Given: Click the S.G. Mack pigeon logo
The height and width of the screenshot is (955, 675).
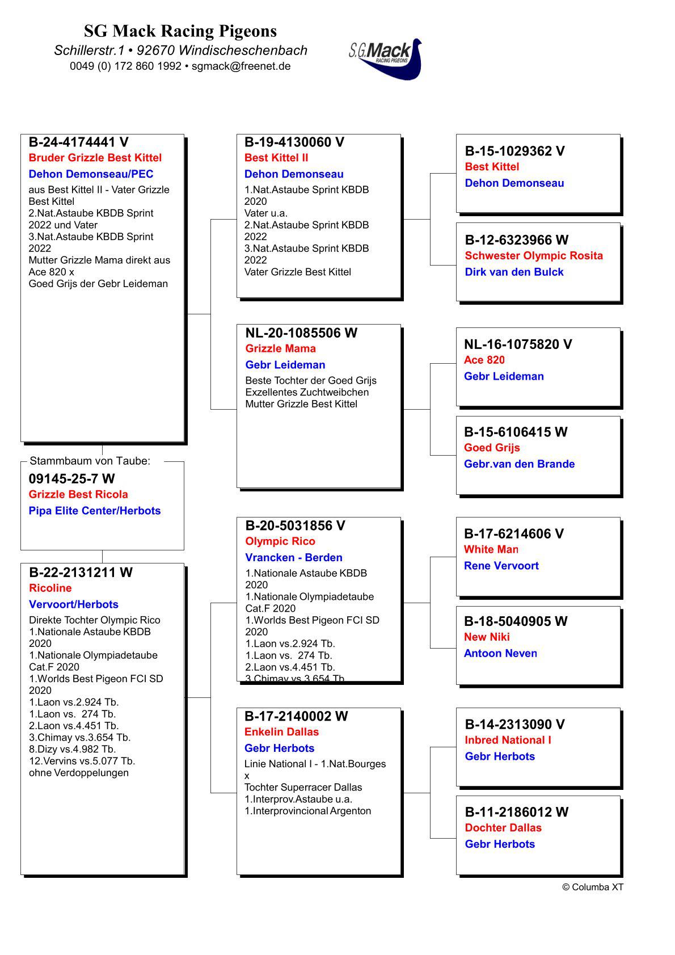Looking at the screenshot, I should pos(386,58).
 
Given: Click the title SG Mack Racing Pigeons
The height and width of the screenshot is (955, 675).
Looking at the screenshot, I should pos(180,31).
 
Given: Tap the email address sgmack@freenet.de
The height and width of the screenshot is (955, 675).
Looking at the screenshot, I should pos(241,66).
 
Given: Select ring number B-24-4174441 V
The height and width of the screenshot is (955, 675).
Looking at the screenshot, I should pos(78,142).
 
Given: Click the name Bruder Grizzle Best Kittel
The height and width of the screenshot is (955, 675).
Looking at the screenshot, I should pos(95,158).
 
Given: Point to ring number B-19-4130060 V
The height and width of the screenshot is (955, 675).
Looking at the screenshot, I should pos(294,142).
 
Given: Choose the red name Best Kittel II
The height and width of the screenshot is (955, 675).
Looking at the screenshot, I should pos(276,158).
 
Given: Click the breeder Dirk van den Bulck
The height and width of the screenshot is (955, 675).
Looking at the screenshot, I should pos(514,272).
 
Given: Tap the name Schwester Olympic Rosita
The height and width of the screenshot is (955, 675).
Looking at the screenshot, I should pos(533,255).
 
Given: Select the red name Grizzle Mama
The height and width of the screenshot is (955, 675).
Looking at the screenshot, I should pos(280,348).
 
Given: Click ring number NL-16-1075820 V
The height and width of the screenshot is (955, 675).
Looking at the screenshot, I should pos(517,344).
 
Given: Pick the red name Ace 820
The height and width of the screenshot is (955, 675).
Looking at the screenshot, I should pos(484,360).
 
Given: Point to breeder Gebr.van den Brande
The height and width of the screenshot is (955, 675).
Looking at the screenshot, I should pos(519,464).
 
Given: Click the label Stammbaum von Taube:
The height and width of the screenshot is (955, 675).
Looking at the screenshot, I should pos(90,461).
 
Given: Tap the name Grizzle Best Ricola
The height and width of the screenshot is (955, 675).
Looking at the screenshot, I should pos(78,494).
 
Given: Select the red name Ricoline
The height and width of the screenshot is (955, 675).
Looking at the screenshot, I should pos(50,588).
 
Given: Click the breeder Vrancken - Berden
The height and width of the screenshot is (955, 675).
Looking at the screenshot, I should pos(293,557).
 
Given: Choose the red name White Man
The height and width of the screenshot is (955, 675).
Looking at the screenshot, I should pos(491,549).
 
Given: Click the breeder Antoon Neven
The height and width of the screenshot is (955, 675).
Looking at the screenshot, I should pos(500,653).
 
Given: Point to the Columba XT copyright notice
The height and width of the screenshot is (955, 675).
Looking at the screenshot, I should pos(592,887).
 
